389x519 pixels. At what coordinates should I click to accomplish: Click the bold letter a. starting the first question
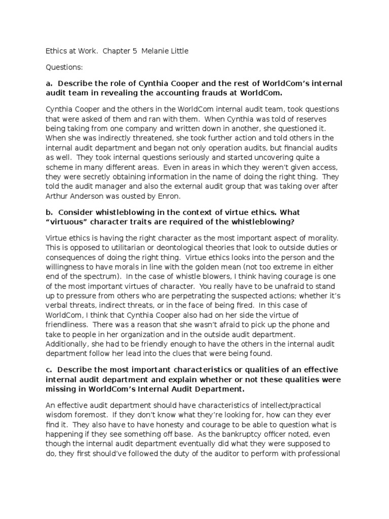pos(49,84)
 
